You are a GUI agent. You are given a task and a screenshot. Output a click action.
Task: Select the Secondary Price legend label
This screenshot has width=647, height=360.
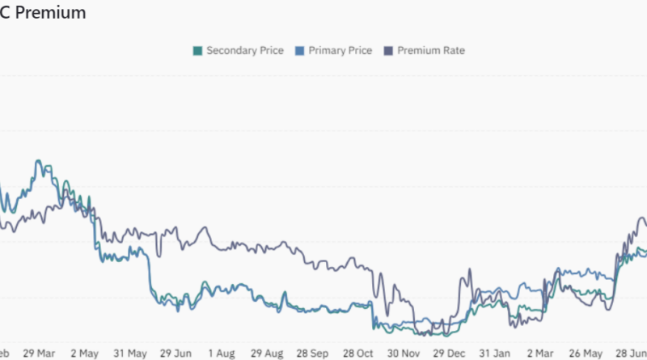(x=244, y=50)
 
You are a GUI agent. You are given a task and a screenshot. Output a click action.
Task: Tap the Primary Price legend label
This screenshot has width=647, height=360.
(x=340, y=50)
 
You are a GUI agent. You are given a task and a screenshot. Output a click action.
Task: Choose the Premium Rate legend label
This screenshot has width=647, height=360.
(x=431, y=50)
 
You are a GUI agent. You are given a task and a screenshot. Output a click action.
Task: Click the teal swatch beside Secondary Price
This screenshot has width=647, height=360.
(x=197, y=51)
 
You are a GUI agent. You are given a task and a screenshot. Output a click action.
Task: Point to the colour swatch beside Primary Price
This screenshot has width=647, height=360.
(x=299, y=51)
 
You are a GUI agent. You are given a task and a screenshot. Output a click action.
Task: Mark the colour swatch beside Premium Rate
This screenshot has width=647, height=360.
(x=388, y=51)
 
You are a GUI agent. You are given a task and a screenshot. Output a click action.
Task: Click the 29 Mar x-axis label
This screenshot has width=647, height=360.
(x=40, y=353)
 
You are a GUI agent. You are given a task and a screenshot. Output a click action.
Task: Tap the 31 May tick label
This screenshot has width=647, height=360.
(x=129, y=353)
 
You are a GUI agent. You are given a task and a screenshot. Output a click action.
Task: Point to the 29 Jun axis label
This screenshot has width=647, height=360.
(x=175, y=353)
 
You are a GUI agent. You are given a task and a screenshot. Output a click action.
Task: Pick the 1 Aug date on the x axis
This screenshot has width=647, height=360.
(x=221, y=353)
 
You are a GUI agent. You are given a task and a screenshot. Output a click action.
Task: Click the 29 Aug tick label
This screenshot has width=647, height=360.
(x=266, y=353)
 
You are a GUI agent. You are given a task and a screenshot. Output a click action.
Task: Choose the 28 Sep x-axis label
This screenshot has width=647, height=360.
(x=312, y=353)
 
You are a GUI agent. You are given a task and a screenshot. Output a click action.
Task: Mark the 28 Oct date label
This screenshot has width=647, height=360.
(x=357, y=353)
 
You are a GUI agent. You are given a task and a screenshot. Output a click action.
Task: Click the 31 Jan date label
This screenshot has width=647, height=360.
(x=494, y=353)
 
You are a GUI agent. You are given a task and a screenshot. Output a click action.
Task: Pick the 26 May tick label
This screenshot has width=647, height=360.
(x=586, y=353)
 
